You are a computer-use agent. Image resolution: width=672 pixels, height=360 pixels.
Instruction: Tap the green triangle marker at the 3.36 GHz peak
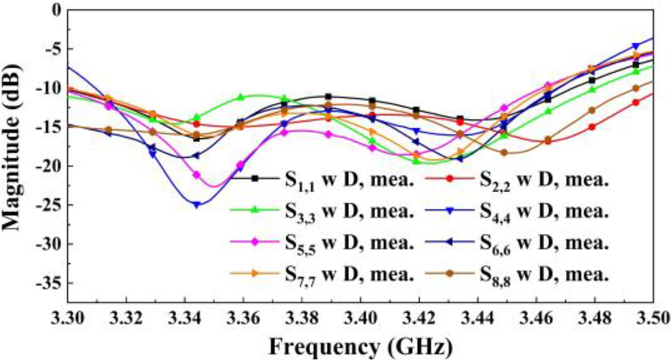coord(241,97)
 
